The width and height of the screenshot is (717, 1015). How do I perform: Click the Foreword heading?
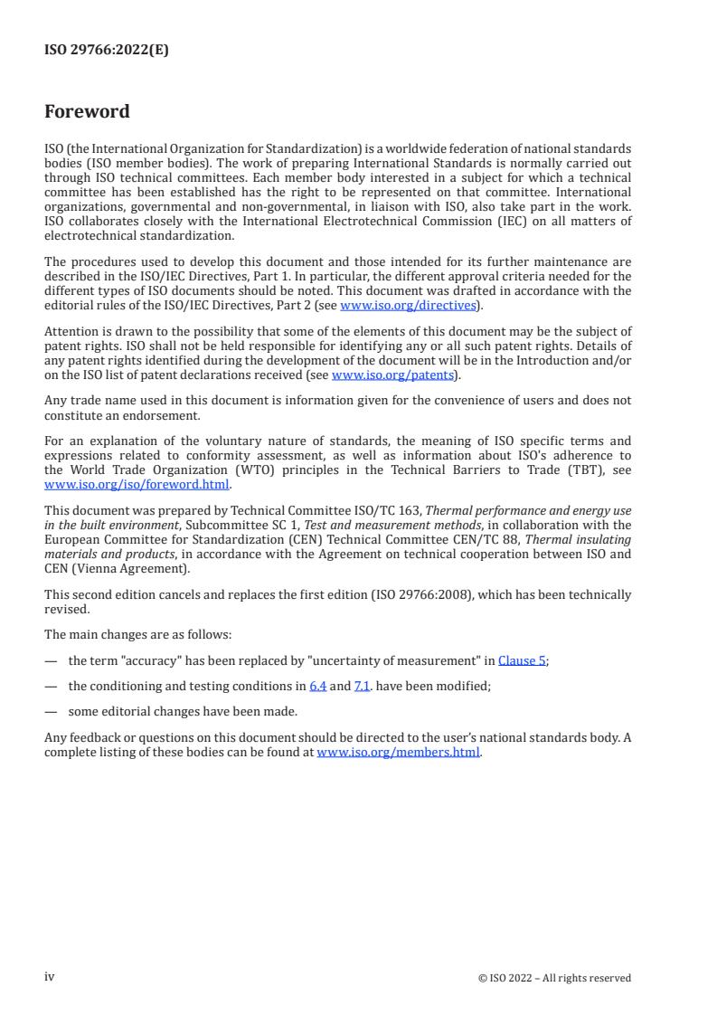[87, 112]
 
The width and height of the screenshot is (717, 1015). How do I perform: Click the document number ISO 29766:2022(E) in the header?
[107, 51]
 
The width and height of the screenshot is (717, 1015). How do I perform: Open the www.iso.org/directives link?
[408, 305]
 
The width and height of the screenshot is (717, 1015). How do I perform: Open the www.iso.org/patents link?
[395, 375]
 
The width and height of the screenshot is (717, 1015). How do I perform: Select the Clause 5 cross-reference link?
[522, 660]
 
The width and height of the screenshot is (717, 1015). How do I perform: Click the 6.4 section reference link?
[317, 686]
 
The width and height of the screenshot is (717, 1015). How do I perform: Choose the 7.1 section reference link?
[362, 686]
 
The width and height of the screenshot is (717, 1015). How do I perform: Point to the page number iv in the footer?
[50, 977]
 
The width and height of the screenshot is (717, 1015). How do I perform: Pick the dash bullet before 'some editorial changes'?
[50, 711]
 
